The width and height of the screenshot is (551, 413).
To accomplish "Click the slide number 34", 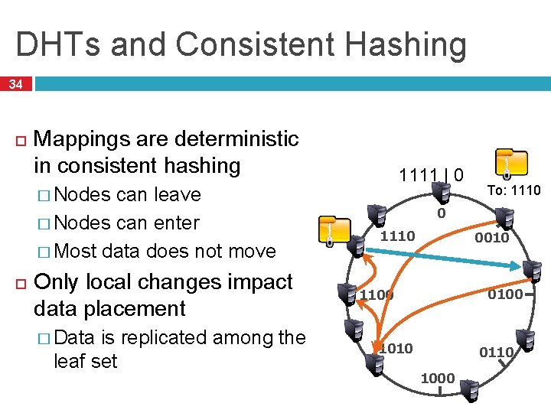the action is click(x=15, y=84).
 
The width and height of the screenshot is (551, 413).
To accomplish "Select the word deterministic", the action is click(x=237, y=139).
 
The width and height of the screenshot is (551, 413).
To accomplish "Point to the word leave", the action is click(x=178, y=195).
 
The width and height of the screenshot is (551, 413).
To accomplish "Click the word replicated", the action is click(x=177, y=337).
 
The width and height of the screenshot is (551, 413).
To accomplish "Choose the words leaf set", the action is click(x=86, y=360).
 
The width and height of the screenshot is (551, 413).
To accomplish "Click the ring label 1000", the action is click(x=438, y=378).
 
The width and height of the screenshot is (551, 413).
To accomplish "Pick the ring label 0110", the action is click(x=496, y=352).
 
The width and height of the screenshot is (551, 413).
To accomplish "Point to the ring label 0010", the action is click(x=491, y=238).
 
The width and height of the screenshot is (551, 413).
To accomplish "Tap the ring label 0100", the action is click(x=505, y=294).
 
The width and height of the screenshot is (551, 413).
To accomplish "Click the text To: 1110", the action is click(x=514, y=190).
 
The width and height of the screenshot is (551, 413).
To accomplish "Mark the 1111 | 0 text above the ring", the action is click(x=430, y=175).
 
